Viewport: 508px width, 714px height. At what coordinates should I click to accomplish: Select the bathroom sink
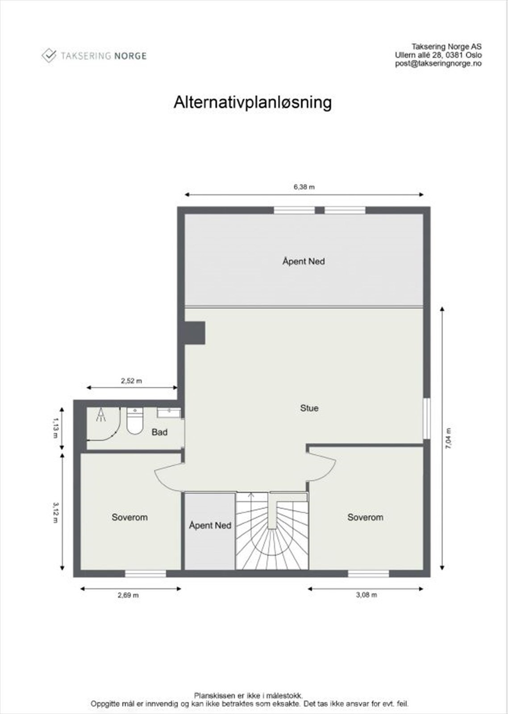tap(169, 413)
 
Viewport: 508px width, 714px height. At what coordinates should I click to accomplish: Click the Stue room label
tap(309, 408)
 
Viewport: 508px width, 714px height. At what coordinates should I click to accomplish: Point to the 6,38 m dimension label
tap(304, 187)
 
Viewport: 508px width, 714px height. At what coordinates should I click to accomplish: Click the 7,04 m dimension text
tap(449, 438)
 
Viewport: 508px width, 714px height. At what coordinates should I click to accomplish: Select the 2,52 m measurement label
tap(131, 381)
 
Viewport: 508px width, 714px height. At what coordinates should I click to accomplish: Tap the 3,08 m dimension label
tap(366, 595)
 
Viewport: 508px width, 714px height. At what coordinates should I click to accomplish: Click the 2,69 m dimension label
tap(128, 595)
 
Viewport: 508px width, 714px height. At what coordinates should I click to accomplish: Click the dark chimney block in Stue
tap(195, 333)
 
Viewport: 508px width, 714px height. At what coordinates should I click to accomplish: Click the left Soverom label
tap(129, 517)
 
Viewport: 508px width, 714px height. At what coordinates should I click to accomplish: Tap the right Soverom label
tap(365, 517)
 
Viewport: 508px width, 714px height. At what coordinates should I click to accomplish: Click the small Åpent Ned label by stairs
tap(210, 525)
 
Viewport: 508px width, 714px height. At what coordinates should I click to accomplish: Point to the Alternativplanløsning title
tap(253, 102)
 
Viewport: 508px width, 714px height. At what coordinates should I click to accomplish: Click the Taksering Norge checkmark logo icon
tap(48, 56)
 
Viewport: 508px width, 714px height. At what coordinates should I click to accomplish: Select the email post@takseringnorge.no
tap(438, 63)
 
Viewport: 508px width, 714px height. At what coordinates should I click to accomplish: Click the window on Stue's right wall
tap(427, 418)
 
